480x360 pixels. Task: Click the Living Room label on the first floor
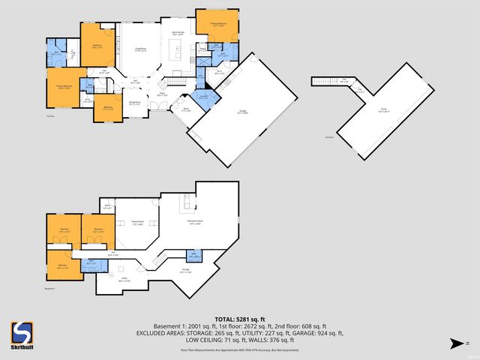[140, 49]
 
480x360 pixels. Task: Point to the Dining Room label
[134, 103]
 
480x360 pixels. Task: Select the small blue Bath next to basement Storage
[193, 255]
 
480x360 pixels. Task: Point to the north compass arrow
[454, 343]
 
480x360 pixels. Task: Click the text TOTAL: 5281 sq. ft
[240, 319]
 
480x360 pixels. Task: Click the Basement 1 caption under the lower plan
[51, 287]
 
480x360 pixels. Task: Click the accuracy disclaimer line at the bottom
[240, 349]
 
